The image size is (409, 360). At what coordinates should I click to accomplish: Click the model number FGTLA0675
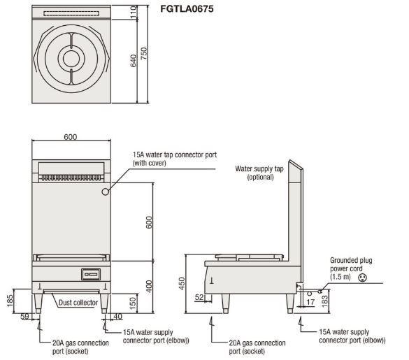[x=187, y=9]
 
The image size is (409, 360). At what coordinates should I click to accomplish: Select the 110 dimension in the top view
[x=134, y=12]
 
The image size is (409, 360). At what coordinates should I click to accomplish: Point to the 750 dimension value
[x=144, y=54]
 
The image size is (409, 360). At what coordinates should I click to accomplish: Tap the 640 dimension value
[x=134, y=61]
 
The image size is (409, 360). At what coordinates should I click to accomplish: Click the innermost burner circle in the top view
[x=71, y=59]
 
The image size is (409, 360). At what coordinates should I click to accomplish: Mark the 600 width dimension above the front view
[x=71, y=137]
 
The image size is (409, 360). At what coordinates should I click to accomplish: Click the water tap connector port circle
[x=105, y=192]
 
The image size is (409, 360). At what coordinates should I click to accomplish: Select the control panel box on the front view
[x=91, y=274]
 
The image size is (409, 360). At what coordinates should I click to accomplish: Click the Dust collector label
[x=78, y=303]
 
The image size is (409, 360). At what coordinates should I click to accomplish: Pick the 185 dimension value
[x=10, y=301]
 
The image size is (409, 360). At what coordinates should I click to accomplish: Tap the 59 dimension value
[x=24, y=317]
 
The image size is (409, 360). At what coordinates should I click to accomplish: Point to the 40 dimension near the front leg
[x=117, y=317]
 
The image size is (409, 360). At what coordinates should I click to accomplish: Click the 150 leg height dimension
[x=133, y=303]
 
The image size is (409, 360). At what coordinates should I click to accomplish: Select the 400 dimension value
[x=149, y=287]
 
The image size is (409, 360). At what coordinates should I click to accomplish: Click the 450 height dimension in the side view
[x=182, y=284]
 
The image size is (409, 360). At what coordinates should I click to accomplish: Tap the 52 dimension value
[x=199, y=297]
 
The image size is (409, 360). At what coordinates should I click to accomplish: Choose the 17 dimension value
[x=310, y=302]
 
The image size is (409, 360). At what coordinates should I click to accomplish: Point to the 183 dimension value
[x=324, y=301]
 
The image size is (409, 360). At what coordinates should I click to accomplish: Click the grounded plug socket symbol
[x=362, y=278]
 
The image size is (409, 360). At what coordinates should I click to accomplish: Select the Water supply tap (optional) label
[x=259, y=173]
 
